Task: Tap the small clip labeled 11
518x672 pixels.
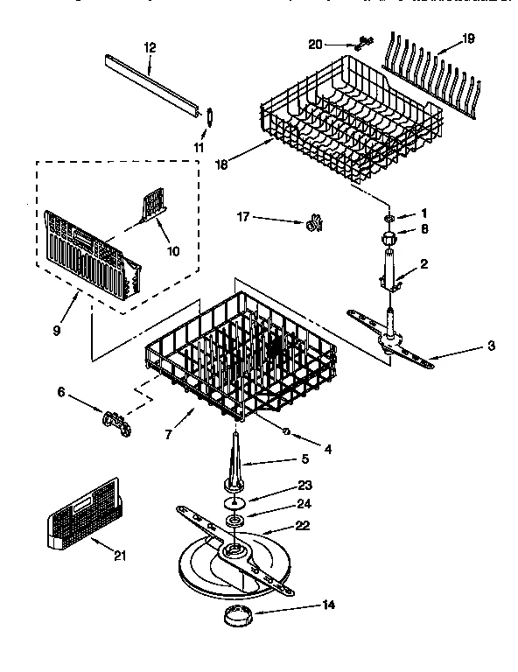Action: click(x=211, y=115)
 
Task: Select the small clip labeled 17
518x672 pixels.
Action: click(x=312, y=225)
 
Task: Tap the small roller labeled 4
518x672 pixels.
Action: click(x=286, y=429)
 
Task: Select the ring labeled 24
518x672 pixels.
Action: click(x=235, y=522)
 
